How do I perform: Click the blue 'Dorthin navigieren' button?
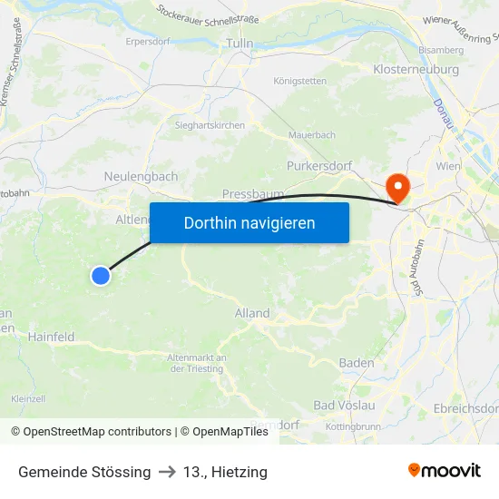coord(249,222)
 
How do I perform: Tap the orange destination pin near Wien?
coord(397,188)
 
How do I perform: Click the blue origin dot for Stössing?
coord(101,275)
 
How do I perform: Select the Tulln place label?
coord(240,43)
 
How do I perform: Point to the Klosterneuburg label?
coord(416,69)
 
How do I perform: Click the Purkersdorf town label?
coord(324,166)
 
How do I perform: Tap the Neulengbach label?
coord(141,176)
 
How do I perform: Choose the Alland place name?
coord(252,313)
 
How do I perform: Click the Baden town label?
coord(357,363)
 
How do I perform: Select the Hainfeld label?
coord(51,337)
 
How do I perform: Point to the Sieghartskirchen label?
coord(210,125)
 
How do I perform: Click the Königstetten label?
coord(300,81)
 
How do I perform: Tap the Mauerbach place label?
coord(311,135)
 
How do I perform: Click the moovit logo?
coord(445,470)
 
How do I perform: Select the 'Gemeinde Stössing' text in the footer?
coord(84,472)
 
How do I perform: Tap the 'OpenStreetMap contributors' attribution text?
coord(97,432)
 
